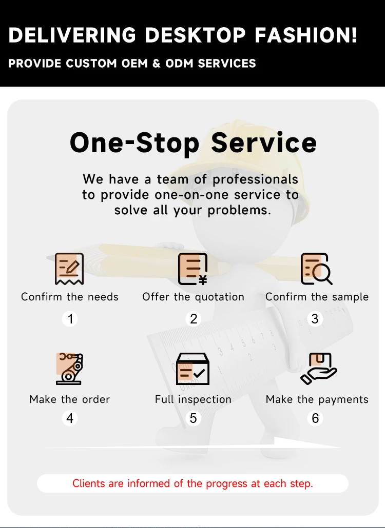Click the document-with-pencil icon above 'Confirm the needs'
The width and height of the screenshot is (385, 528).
pos(69,269)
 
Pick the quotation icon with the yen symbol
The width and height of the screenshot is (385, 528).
pos(192,269)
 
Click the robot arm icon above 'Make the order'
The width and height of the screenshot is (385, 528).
pos(69,368)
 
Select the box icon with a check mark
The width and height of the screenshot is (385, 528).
pos(192,368)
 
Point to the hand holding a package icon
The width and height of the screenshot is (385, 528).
pos(318,368)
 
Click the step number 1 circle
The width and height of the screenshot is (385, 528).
pos(70,319)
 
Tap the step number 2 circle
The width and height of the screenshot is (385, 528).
pos(193,319)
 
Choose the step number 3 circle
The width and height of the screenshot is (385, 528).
pos(315,319)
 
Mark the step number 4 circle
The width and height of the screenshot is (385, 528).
pos(70,418)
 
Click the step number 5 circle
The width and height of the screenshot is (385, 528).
pos(193,418)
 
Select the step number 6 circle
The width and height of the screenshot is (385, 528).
pos(315,418)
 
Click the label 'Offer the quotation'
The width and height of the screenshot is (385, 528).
pos(193,297)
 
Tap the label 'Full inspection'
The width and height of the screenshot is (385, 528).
pos(193,399)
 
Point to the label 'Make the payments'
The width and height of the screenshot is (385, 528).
pos(317,399)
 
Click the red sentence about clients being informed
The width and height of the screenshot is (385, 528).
pos(192,483)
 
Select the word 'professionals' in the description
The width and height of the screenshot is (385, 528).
pos(255,179)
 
